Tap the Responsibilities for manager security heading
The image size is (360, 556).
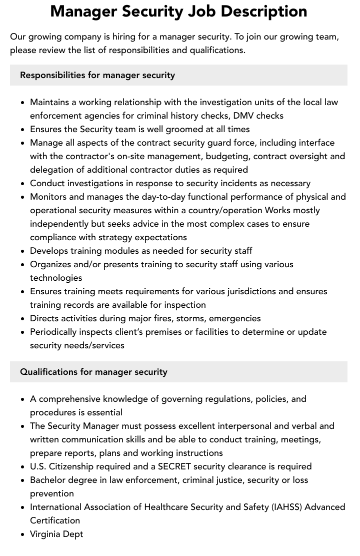click(x=97, y=75)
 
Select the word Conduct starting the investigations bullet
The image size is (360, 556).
click(x=47, y=183)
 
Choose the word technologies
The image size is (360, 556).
click(x=56, y=278)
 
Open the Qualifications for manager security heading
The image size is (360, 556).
click(x=93, y=372)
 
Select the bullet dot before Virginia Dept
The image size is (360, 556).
click(x=22, y=534)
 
